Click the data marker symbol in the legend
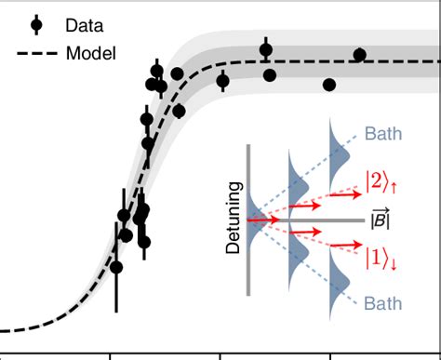click(x=36, y=25)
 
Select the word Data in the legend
click(x=84, y=25)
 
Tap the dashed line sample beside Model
click(x=36, y=53)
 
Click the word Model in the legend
click(x=90, y=53)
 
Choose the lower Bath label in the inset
click(x=382, y=304)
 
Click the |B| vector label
click(x=380, y=220)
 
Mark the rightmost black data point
click(x=360, y=55)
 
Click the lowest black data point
click(x=116, y=267)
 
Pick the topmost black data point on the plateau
click(x=266, y=50)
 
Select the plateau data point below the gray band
click(x=329, y=85)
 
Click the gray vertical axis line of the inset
click(x=248, y=220)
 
